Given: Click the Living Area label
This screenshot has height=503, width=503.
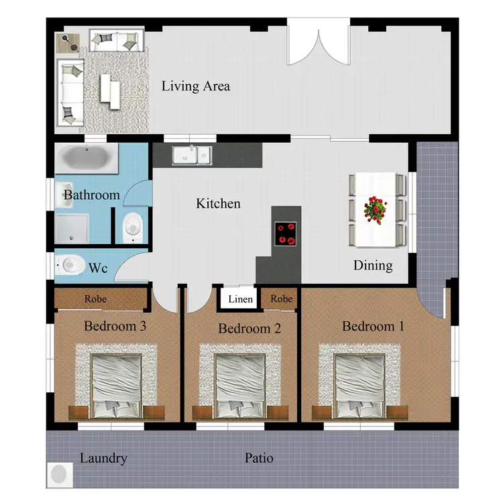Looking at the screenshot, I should coord(196,87).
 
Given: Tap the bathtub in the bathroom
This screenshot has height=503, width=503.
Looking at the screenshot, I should coord(86,160).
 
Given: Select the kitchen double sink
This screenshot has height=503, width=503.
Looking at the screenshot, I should coord(191,156).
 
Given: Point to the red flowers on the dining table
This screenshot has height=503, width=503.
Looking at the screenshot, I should coord(376,209).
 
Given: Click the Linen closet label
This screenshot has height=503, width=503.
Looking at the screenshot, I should coord(241,299).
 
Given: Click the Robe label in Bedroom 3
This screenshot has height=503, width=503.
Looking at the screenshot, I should coord(96,299).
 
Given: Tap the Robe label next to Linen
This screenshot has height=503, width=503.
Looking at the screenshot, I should coord(282,299).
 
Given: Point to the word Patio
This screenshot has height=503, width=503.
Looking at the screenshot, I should coord(258,459).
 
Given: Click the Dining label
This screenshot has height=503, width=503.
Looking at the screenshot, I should coord(373,266).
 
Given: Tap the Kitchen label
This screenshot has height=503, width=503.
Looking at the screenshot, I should coord(218,203).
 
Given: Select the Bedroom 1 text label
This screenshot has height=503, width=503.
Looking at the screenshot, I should coord(373,327).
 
